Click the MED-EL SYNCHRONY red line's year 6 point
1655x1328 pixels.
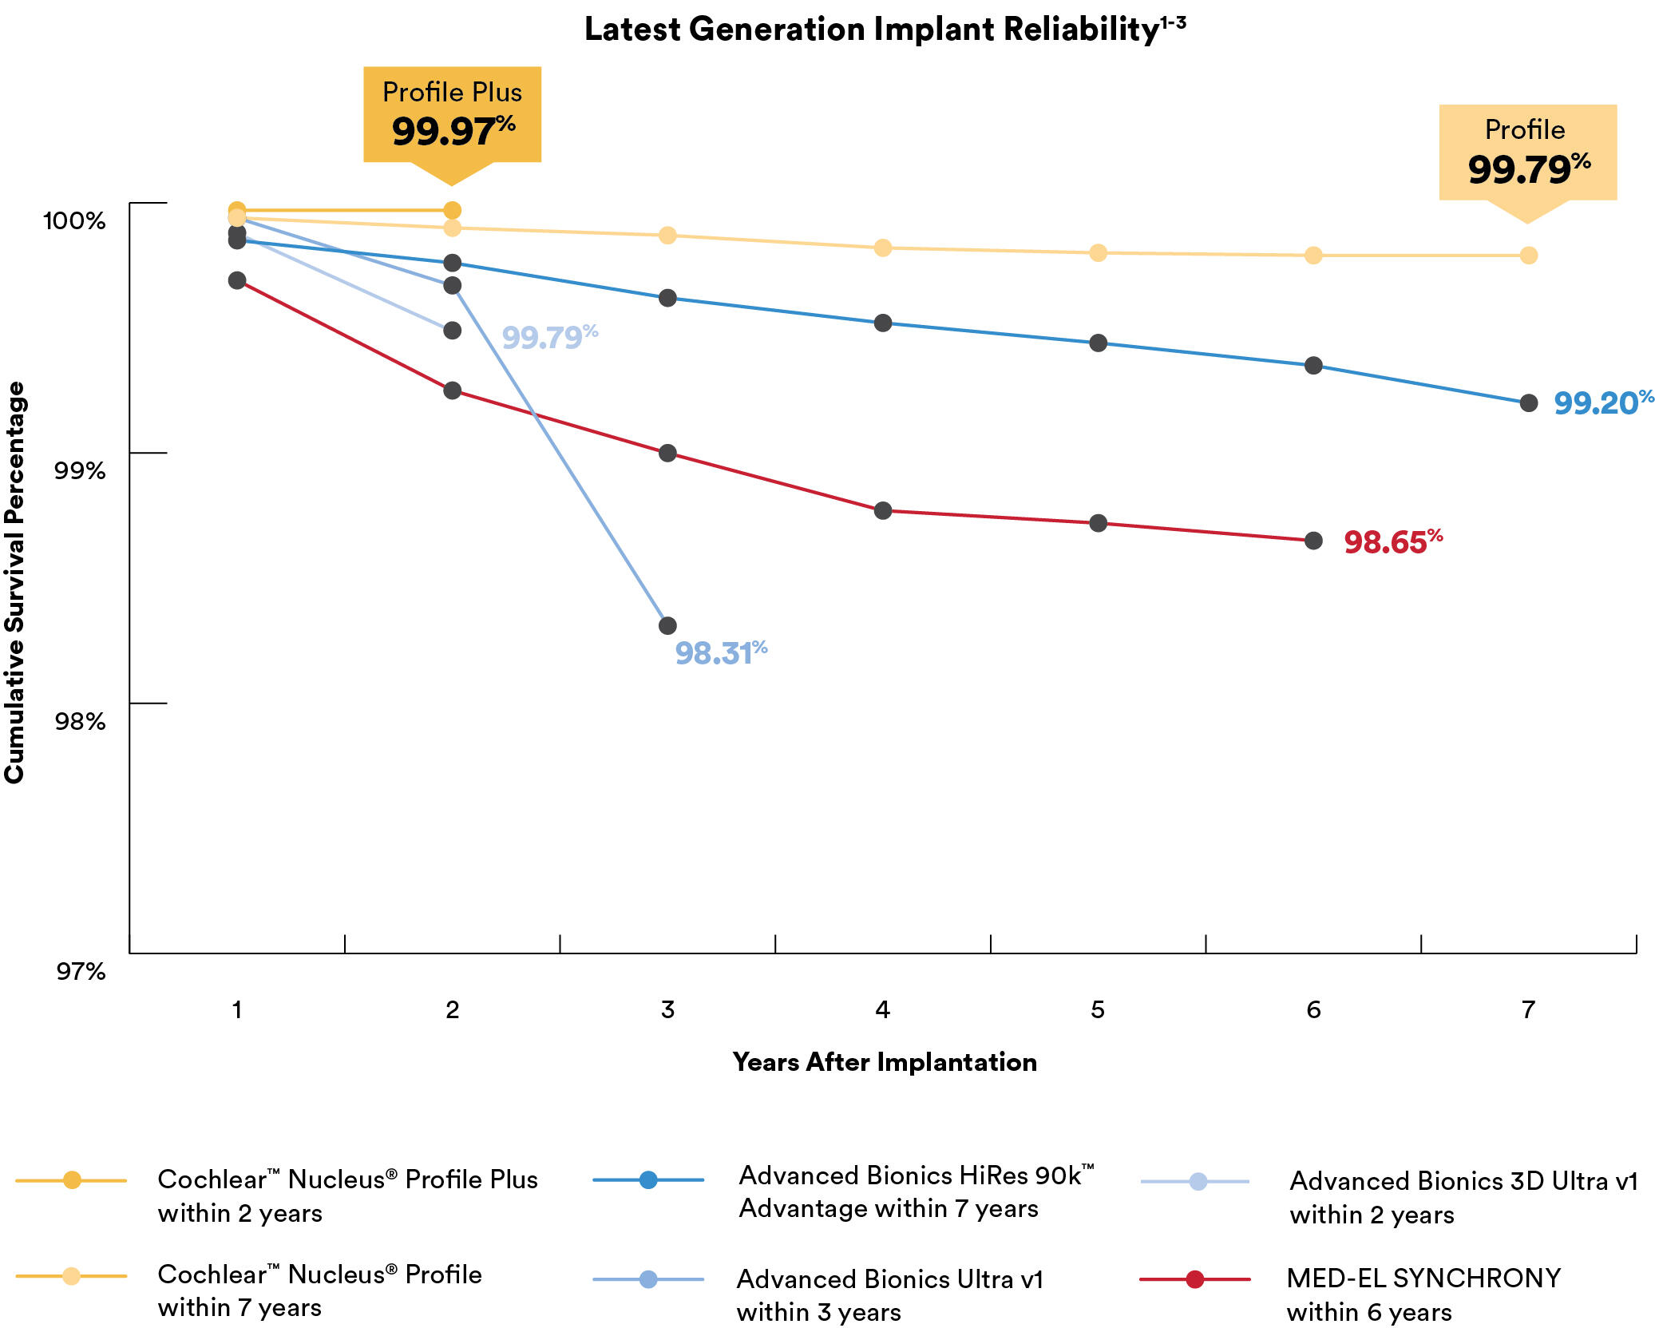pos(1313,541)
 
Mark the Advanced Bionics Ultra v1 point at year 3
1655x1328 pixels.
pos(667,625)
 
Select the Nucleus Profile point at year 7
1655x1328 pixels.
pos(1528,256)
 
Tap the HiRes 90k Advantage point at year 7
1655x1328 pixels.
pos(1528,403)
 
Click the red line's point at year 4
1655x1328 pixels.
pos(882,510)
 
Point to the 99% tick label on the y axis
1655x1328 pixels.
pos(80,470)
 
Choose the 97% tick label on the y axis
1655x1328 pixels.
pos(81,972)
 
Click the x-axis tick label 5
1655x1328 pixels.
pos(1098,1010)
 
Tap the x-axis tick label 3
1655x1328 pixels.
pos(667,1010)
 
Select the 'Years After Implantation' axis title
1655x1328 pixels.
pos(885,1062)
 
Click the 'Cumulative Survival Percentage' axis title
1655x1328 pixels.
pos(15,582)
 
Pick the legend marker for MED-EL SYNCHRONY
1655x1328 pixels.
pos(1194,1279)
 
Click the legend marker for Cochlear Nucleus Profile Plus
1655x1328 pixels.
pos(72,1180)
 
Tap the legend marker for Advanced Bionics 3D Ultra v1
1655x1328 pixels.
pos(1198,1182)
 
